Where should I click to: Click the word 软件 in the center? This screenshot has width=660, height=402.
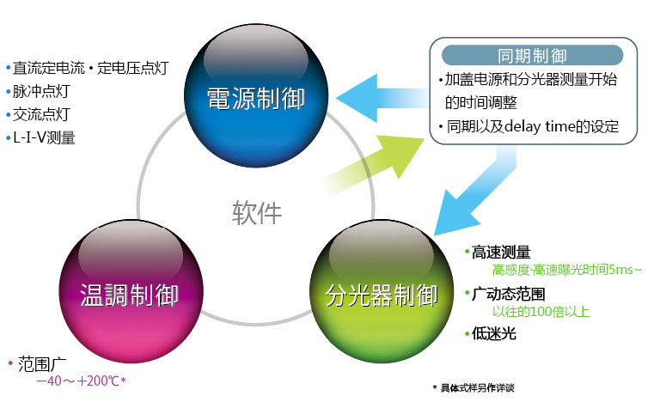tap(256, 211)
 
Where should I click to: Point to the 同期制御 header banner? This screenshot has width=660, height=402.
tap(532, 57)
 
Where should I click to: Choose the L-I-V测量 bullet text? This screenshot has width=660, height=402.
tap(44, 137)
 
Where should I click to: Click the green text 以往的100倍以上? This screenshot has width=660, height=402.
tap(541, 312)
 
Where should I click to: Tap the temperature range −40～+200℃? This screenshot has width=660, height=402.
tap(80, 381)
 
